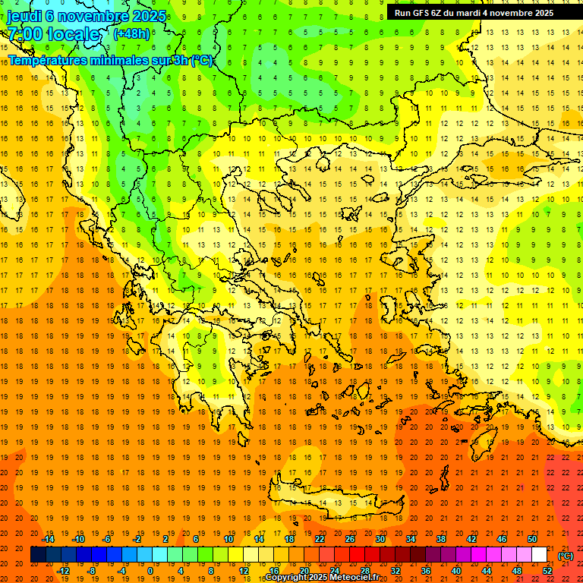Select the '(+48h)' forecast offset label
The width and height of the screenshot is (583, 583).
click(131, 34)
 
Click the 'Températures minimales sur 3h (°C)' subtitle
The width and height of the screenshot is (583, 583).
click(111, 60)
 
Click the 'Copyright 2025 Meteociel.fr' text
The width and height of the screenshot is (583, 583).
click(322, 578)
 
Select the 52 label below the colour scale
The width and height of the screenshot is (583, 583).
click(547, 571)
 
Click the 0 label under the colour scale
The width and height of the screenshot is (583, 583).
click(151, 571)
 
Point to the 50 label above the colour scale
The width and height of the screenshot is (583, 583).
click(532, 539)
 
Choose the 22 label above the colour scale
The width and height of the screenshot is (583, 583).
click(320, 539)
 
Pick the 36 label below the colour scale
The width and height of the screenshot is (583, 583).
click(426, 571)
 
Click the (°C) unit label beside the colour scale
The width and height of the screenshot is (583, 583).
click(566, 555)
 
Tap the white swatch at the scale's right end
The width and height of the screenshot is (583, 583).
click(539, 555)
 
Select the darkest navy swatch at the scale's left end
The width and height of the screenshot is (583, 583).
click(38, 555)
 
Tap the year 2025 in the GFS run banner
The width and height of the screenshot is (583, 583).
click(542, 12)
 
